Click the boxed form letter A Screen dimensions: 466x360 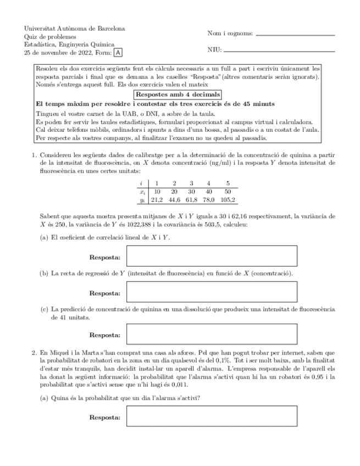(x=119, y=53)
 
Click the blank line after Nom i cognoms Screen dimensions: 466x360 (x=295, y=35)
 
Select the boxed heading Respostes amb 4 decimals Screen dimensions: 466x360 (x=180, y=94)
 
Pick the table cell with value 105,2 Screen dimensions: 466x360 (x=226, y=199)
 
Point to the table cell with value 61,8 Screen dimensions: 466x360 (x=191, y=199)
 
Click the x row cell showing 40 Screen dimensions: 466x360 (x=208, y=191)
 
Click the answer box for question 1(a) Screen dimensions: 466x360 (x=212, y=256)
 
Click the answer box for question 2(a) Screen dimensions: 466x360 (x=212, y=418)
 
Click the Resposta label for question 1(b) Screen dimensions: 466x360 (x=104, y=293)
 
